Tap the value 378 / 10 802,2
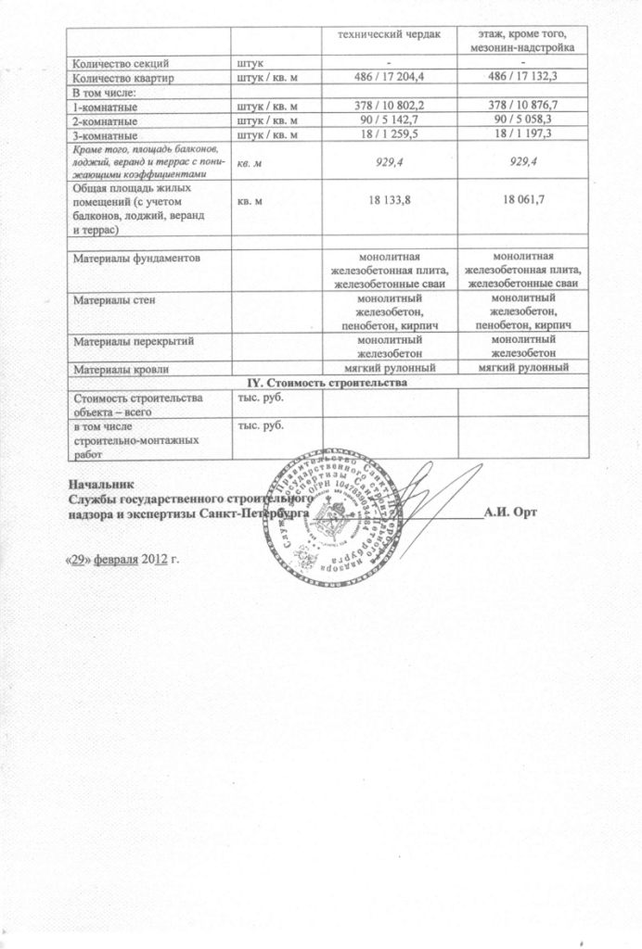pos(390,107)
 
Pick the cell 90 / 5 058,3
pos(525,120)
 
